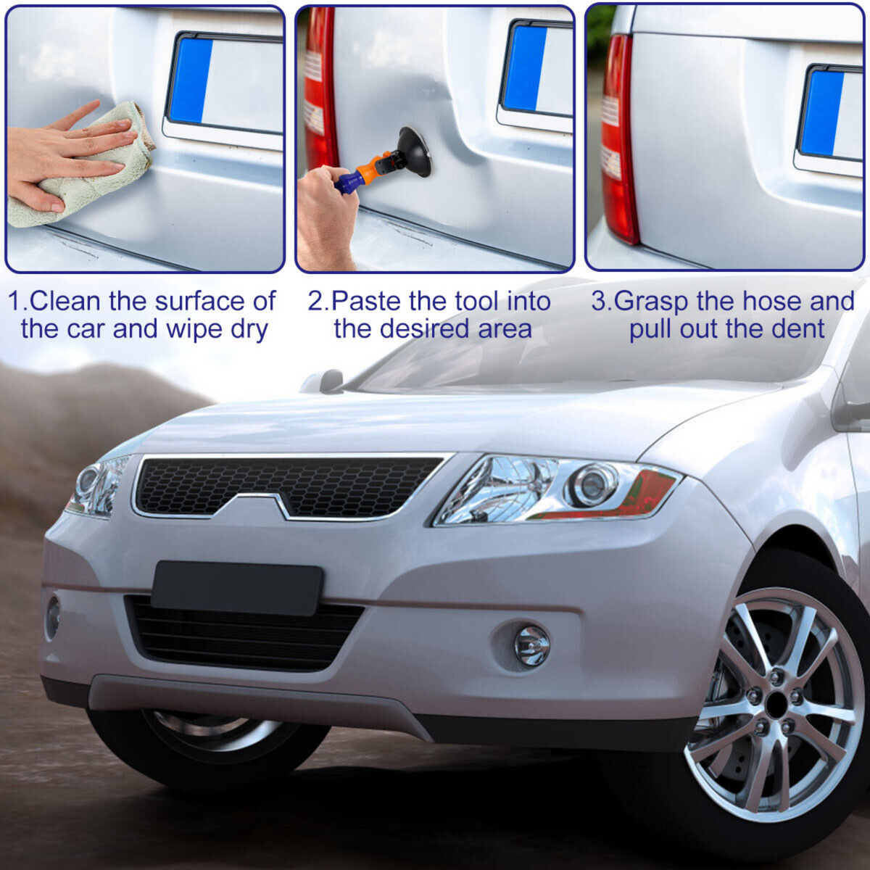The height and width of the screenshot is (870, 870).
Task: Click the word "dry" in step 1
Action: [x=249, y=331]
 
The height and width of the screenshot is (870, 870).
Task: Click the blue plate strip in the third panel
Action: [x=821, y=113]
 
